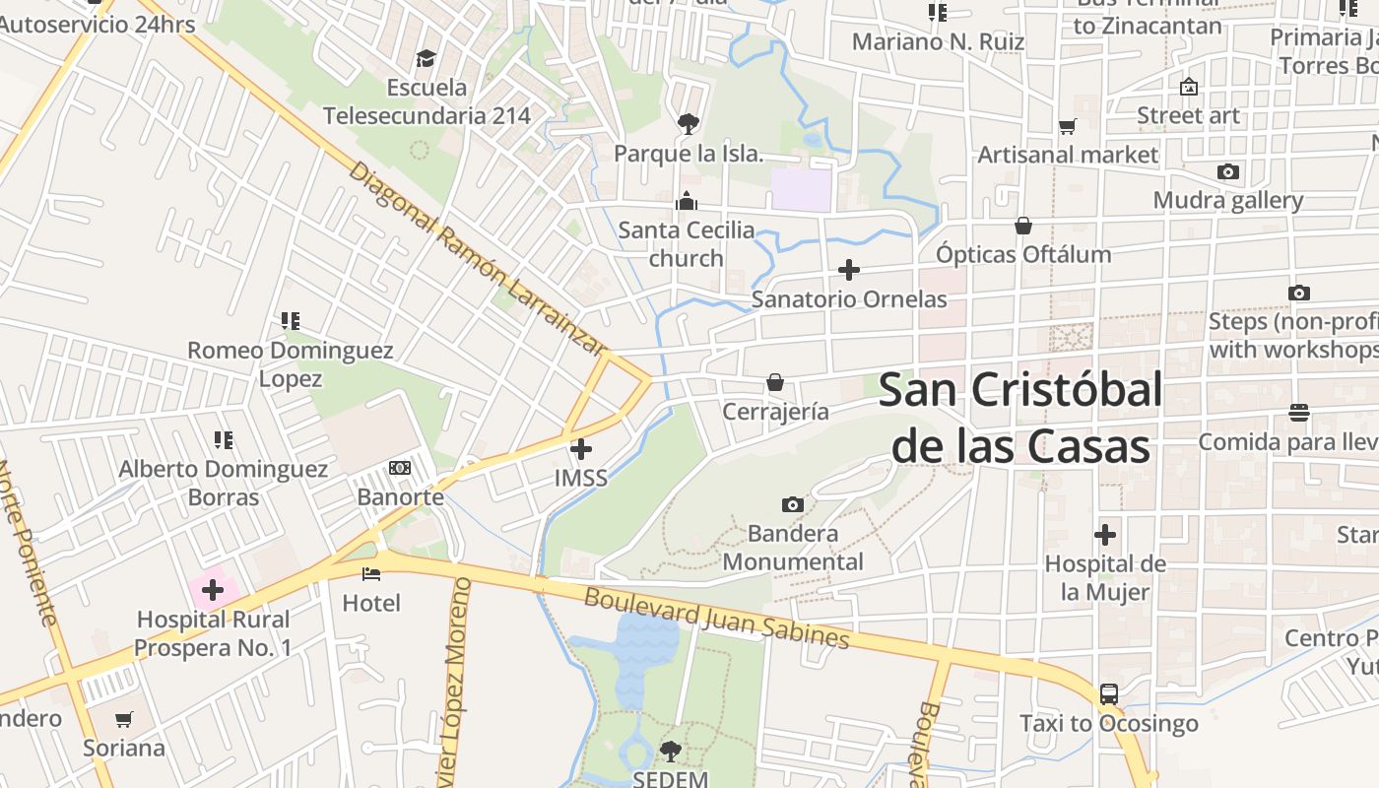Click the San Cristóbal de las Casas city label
pos(1020,418)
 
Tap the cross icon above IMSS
pos(581,449)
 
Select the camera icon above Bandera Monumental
pos(792,505)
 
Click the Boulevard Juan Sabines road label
pos(716,619)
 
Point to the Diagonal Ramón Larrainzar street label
pos(476,258)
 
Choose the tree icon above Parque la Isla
pos(688,123)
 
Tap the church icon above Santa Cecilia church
pos(687,202)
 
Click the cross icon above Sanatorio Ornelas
pos(849,270)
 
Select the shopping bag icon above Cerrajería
pos(775,382)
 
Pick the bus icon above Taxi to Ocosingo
pos(1109,693)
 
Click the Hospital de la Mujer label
pos(1105,578)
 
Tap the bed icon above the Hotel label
pos(371,573)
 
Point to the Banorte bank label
pos(401,496)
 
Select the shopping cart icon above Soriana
pos(123,719)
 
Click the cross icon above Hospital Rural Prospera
pos(213,591)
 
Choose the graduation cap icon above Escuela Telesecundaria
pos(426,59)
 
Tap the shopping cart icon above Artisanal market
pos(1067,126)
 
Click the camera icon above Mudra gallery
pos(1227,172)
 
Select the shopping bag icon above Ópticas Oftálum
pos(1023,226)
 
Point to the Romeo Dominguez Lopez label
pos(291,364)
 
